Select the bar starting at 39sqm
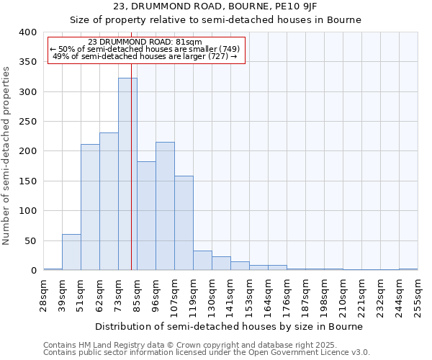pyautogui.click(x=71, y=252)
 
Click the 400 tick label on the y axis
pyautogui.click(x=27, y=32)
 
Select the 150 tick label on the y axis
pyautogui.click(x=27, y=181)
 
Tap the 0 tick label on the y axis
pyautogui.click(x=33, y=271)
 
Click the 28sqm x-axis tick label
pyautogui.click(x=43, y=294)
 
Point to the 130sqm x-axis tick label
pyautogui.click(x=212, y=294)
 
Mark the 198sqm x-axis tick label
pyautogui.click(x=324, y=294)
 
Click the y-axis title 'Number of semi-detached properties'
pyautogui.click(x=7, y=151)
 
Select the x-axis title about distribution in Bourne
pyautogui.click(x=230, y=326)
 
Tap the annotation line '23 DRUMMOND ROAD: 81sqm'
pyautogui.click(x=145, y=42)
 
